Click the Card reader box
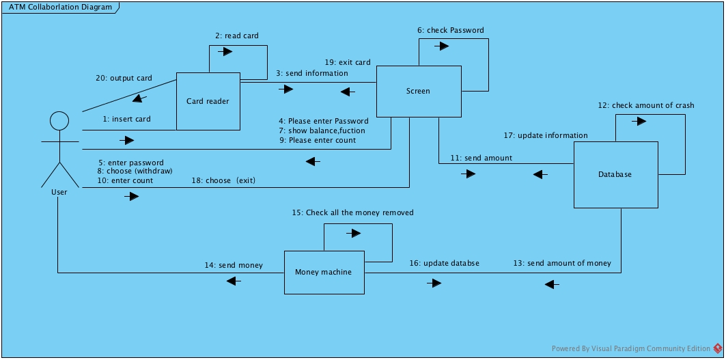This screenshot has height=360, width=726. [x=208, y=101]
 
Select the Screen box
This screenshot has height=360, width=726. [x=418, y=91]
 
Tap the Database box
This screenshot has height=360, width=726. [x=615, y=174]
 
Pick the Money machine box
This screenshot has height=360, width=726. [x=324, y=272]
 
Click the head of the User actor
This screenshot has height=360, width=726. [x=59, y=122]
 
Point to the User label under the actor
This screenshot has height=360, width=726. [x=59, y=193]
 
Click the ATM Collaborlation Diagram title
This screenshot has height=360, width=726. [x=61, y=8]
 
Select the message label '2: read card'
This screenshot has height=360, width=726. [x=238, y=36]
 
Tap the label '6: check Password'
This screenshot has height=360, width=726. [x=451, y=30]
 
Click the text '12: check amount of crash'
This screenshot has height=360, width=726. [x=646, y=105]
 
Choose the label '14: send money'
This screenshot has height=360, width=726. [x=234, y=265]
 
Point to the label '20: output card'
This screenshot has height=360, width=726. [x=124, y=78]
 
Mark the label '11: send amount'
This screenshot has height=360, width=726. [x=481, y=158]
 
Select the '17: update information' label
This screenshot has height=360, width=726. [x=546, y=135]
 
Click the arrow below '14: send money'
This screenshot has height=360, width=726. [x=234, y=281]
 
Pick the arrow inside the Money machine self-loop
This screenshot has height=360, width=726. [x=353, y=234]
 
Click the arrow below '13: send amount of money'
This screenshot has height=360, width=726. [x=552, y=283]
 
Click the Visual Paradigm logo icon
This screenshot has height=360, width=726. [x=718, y=348]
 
